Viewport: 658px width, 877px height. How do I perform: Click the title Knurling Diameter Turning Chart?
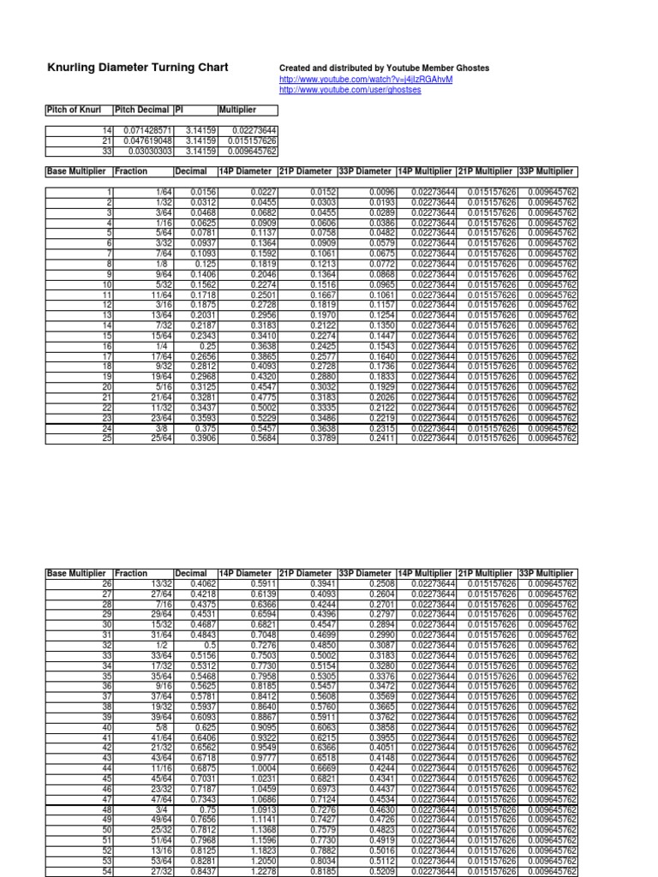pyautogui.click(x=136, y=68)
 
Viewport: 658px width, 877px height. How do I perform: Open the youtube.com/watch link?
pyautogui.click(x=366, y=80)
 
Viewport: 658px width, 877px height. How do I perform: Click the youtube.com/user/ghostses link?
pyautogui.click(x=351, y=89)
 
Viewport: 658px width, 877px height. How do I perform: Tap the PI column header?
pyautogui.click(x=179, y=110)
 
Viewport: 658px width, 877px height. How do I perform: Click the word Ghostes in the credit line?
pyautogui.click(x=470, y=69)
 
